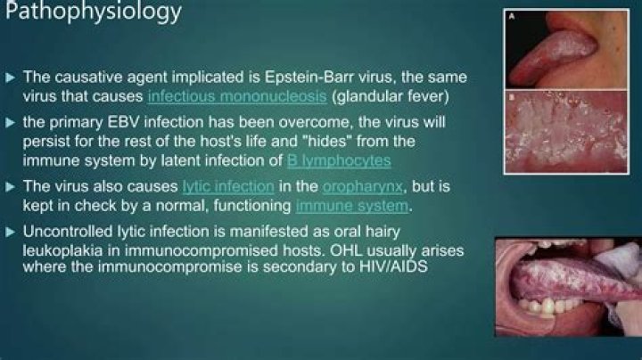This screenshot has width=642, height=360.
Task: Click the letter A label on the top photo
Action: click(x=510, y=14)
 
